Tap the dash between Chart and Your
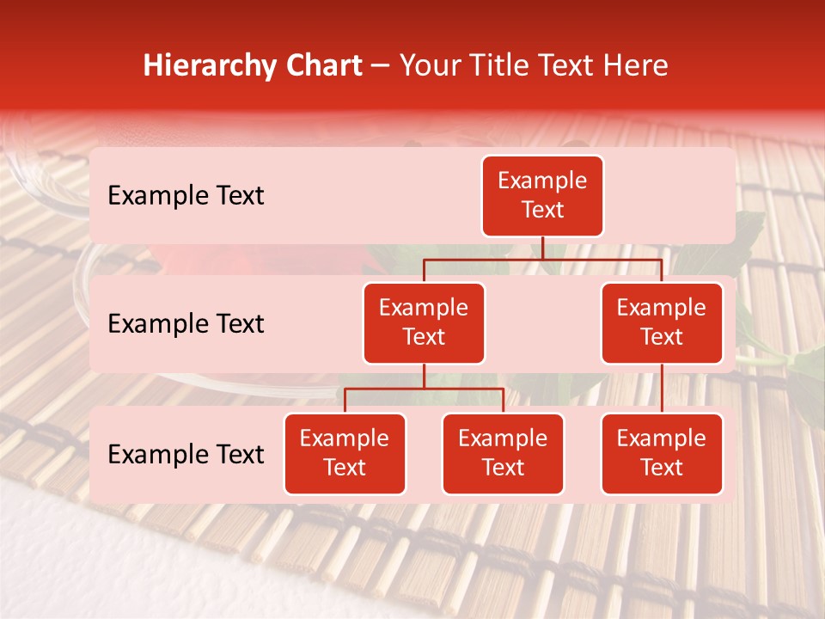tap(381, 66)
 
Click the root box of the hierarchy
tap(542, 196)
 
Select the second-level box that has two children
tap(424, 323)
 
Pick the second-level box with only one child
tap(662, 323)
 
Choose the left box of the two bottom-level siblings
tap(345, 453)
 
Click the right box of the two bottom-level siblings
tap(503, 453)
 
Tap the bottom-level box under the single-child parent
tap(662, 453)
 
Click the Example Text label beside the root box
tap(186, 196)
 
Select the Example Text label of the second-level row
tap(186, 324)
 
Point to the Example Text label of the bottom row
tap(186, 454)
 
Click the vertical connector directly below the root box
tap(542, 248)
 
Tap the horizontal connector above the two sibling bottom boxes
tap(424, 389)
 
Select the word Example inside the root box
tap(542, 181)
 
